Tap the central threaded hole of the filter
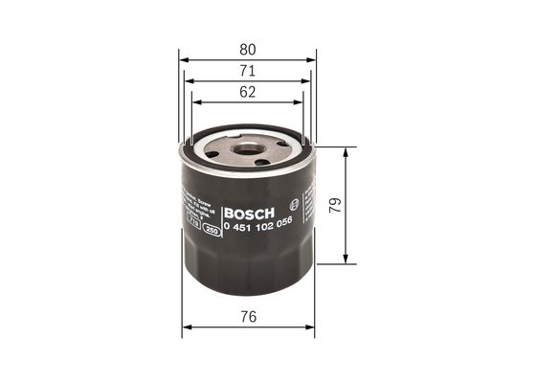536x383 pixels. [x=248, y=150]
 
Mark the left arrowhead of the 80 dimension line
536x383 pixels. [x=184, y=58]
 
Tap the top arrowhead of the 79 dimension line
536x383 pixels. [x=346, y=150]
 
